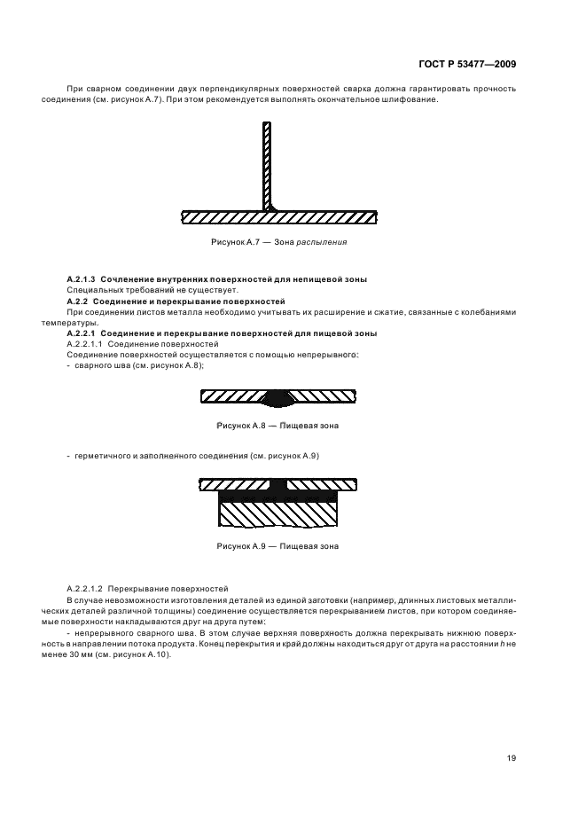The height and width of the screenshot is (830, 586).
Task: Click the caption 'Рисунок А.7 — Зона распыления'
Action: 277,241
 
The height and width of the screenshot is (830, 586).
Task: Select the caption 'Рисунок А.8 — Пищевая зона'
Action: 277,426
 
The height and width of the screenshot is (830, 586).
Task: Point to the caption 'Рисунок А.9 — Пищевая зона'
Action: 277,546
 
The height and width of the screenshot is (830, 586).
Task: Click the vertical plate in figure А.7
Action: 266,164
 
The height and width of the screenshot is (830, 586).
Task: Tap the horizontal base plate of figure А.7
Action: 222,216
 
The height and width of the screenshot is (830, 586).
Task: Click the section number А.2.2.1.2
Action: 85,588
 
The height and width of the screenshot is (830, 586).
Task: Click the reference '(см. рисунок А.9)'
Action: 285,455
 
